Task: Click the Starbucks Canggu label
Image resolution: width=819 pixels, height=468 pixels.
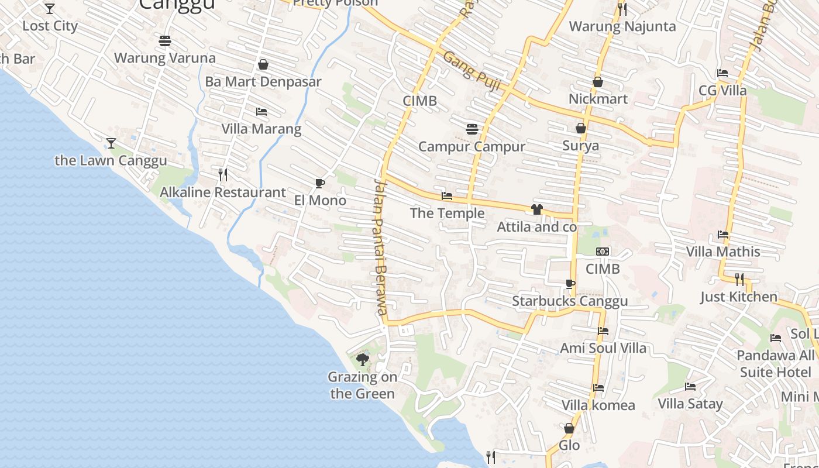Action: coord(570,301)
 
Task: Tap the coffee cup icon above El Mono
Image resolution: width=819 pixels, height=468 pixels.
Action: coord(320,184)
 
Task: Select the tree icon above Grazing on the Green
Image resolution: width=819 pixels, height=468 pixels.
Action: coord(363,359)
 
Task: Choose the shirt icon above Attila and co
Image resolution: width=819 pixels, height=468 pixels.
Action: coord(537,209)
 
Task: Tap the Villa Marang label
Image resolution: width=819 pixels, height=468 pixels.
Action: coord(261,129)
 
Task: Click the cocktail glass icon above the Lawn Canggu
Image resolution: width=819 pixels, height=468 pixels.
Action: coord(111,143)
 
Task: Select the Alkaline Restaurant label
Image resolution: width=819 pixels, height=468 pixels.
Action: coord(223,192)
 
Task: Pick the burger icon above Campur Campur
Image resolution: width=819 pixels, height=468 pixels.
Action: coord(472,129)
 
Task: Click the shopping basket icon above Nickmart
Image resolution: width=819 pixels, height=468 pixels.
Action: coord(598,82)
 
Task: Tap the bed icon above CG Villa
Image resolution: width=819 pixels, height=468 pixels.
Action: coord(722,73)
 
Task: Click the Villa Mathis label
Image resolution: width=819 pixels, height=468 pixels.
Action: coord(723,252)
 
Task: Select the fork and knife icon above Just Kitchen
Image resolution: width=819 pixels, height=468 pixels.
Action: coord(739,279)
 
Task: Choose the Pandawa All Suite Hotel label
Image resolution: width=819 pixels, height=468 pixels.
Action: coord(776,364)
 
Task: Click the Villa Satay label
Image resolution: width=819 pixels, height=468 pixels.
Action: coord(690,404)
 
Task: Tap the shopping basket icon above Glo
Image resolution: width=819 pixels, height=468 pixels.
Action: coord(569,429)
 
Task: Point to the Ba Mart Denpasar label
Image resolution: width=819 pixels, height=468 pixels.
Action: coord(263,81)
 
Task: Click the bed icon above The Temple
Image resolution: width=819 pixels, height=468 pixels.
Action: coord(447,196)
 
